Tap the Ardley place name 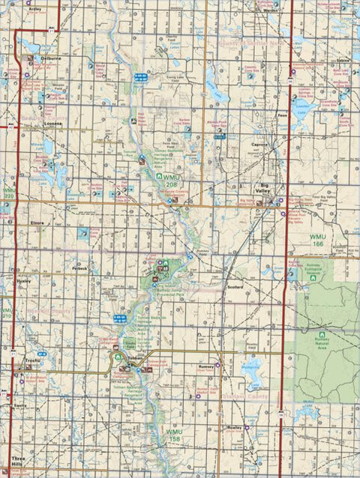(x=34, y=10)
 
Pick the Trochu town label (x=29, y=360)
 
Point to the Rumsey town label (x=206, y=366)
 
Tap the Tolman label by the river (x=135, y=359)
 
